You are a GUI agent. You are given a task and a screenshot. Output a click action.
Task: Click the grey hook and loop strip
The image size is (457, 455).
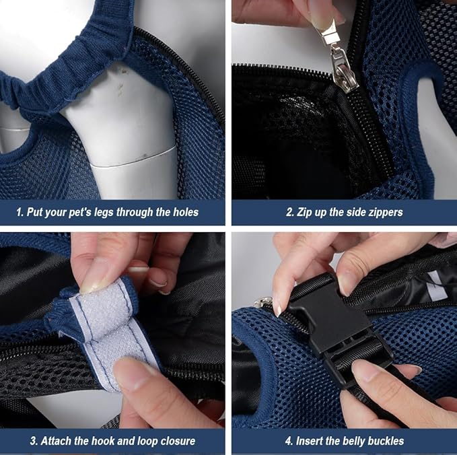click(112, 330)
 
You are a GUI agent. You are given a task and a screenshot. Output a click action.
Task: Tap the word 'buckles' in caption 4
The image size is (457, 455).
click(381, 442)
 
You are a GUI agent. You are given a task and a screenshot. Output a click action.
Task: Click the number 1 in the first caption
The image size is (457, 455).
click(20, 213)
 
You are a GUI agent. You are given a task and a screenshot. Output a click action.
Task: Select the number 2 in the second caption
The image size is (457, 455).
click(289, 213)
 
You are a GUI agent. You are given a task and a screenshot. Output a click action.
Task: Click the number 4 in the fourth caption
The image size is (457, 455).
click(287, 442)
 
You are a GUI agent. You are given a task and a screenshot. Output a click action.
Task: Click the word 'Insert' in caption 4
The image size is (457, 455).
click(310, 442)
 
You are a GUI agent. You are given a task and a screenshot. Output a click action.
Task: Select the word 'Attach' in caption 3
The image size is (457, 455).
click(56, 442)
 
